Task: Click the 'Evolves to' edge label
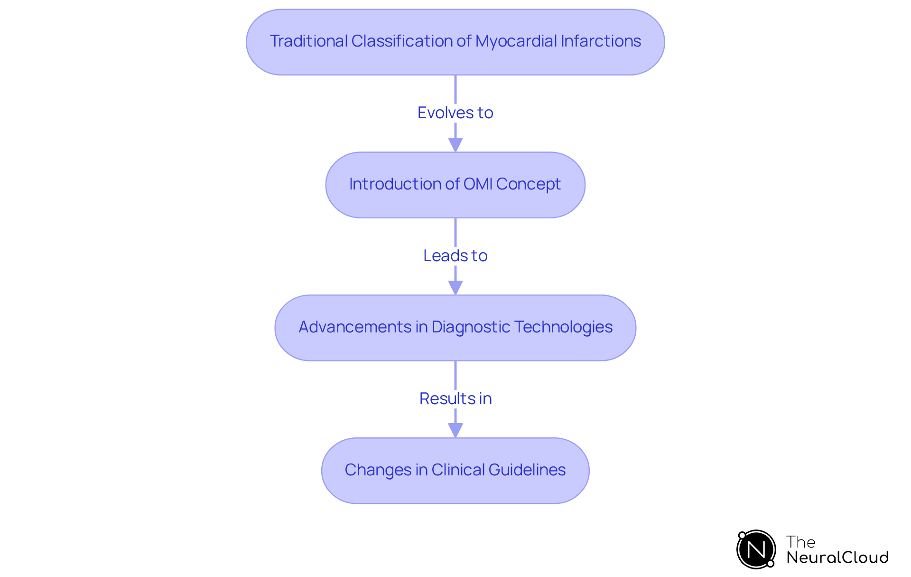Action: click(x=455, y=113)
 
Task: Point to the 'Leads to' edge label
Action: click(x=455, y=255)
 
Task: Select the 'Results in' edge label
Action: click(x=455, y=398)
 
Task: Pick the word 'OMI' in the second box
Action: click(x=478, y=184)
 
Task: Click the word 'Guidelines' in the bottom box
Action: click(x=527, y=470)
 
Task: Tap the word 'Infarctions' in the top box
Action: click(x=600, y=41)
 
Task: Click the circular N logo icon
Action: click(x=756, y=549)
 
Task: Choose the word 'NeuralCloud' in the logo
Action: click(x=837, y=558)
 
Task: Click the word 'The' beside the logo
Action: click(x=800, y=542)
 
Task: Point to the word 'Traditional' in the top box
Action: click(x=308, y=41)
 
